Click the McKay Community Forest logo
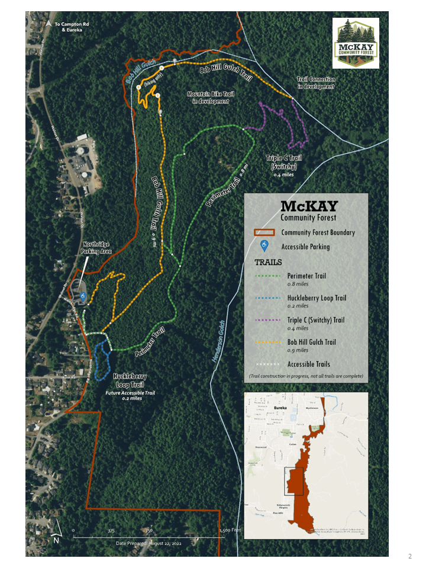pos(355,42)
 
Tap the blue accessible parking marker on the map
pos(83,294)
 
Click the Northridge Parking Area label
pos(98,247)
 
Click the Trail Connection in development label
pos(316,83)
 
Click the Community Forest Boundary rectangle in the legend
pos(266,233)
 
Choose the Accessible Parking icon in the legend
pos(266,246)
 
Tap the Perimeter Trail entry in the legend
pos(306,276)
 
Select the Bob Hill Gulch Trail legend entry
pos(311,342)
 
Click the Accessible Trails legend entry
pos(308,364)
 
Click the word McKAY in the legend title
pos(309,206)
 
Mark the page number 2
pos(409,556)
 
